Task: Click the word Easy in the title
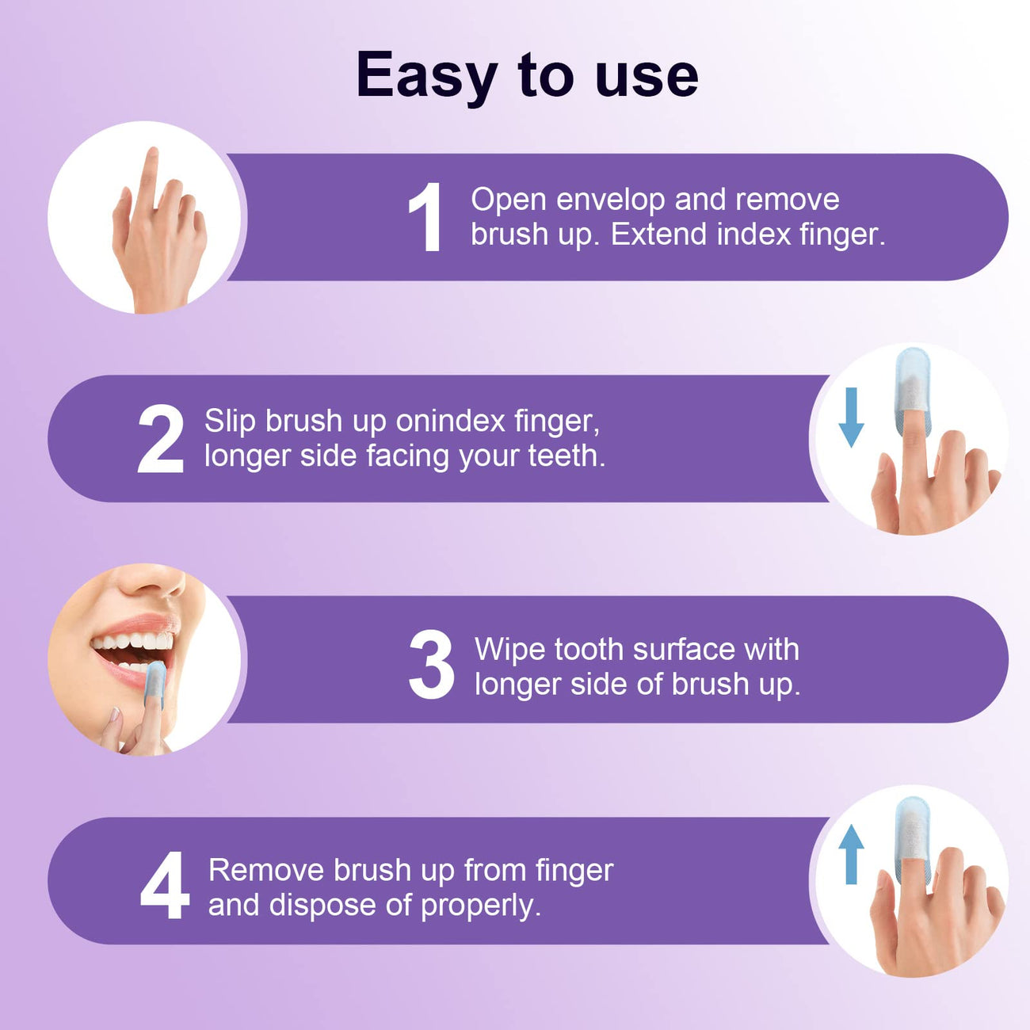425,76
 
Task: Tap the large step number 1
425,218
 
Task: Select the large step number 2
161,440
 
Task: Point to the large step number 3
432,666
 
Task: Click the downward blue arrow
850,418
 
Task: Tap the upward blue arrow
850,854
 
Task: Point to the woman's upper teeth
135,641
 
